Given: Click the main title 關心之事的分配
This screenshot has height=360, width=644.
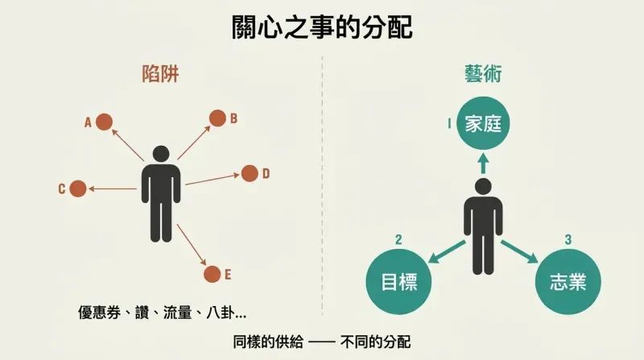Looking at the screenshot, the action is [x=322, y=27].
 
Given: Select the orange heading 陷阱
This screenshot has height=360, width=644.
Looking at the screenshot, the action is [x=160, y=74].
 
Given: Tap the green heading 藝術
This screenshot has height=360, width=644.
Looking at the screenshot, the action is [x=483, y=74].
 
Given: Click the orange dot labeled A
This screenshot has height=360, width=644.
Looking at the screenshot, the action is [x=105, y=122].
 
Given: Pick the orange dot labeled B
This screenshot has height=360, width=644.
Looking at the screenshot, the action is [x=217, y=118].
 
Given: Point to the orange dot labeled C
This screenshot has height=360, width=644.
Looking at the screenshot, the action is [x=78, y=188].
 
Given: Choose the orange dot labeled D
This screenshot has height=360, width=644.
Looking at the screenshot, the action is [x=250, y=173].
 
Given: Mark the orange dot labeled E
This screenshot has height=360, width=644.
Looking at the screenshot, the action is [x=212, y=274].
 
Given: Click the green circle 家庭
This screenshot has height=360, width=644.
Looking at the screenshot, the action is [x=484, y=123].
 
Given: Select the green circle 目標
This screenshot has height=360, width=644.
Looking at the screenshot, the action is [x=398, y=282].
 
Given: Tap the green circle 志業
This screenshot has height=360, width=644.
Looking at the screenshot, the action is [x=568, y=282].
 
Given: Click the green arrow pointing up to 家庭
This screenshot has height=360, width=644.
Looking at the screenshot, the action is [x=484, y=163].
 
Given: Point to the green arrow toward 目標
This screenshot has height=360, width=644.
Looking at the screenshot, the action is [x=447, y=251].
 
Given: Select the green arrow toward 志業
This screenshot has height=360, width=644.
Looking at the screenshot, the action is [x=519, y=251].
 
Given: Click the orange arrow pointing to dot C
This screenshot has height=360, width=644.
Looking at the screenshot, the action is [x=113, y=188].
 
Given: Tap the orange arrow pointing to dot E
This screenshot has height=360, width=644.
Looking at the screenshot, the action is [x=192, y=245].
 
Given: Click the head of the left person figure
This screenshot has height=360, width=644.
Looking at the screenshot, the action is [x=161, y=154].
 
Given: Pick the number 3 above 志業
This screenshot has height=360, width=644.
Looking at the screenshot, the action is [x=568, y=239].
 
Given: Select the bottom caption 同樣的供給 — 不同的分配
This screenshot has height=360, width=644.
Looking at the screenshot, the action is [x=322, y=342].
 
